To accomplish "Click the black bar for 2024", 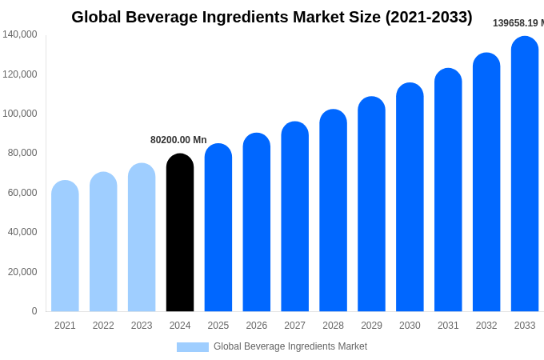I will (x=180, y=233).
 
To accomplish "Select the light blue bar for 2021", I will (x=65, y=246).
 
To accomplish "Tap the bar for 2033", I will (x=525, y=174).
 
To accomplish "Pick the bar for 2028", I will (x=333, y=210).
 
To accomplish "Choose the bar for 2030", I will (x=410, y=198).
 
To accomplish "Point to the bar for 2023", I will (x=142, y=238).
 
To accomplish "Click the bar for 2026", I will (x=257, y=222).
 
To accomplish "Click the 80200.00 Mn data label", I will (x=178, y=140).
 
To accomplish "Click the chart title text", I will (x=272, y=17).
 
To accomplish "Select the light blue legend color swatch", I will (x=192, y=347).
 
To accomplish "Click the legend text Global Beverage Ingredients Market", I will (x=290, y=346).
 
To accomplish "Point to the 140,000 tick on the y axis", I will (x=19, y=34).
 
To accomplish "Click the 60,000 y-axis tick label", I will (x=22, y=193).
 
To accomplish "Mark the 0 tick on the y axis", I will (x=34, y=311).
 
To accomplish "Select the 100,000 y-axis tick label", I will (x=19, y=114).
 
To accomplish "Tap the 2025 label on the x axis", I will (x=218, y=326).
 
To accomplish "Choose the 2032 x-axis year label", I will (x=486, y=326).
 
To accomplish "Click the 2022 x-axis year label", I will (x=103, y=326).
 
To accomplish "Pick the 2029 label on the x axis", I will (x=371, y=326).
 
